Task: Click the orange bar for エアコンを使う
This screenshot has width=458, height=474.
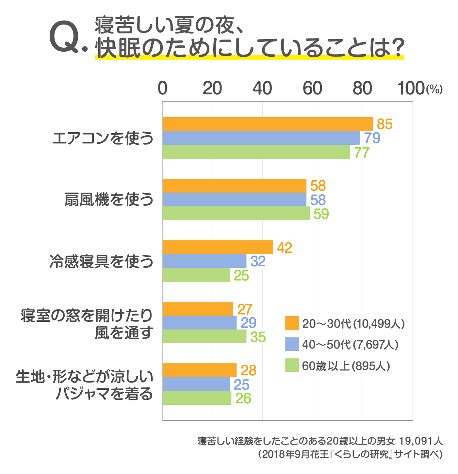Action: [x=268, y=124]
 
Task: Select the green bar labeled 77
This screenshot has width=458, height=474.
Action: [x=256, y=152]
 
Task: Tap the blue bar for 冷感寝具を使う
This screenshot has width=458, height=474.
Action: [x=204, y=261]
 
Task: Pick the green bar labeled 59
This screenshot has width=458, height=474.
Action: [x=236, y=213]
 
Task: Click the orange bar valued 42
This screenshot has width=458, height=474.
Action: [x=218, y=247]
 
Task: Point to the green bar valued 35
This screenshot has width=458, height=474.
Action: [x=204, y=336]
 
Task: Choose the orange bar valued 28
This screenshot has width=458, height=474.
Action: [x=200, y=370]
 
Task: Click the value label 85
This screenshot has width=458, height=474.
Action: [x=384, y=124]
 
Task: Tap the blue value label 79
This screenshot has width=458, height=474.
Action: [x=372, y=138]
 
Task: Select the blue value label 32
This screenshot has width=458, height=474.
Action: [x=258, y=261]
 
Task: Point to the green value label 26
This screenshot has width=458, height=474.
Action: [x=243, y=399]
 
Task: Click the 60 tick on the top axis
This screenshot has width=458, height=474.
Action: [x=312, y=88]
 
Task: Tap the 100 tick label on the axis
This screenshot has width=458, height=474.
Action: [x=411, y=88]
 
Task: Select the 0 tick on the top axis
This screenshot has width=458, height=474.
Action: [x=162, y=88]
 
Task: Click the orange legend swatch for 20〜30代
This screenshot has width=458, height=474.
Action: [x=292, y=323]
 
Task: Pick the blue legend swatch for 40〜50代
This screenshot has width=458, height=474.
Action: [x=292, y=344]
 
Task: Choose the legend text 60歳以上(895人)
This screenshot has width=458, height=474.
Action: [x=346, y=366]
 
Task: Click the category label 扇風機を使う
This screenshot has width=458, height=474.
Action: [x=109, y=200]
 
